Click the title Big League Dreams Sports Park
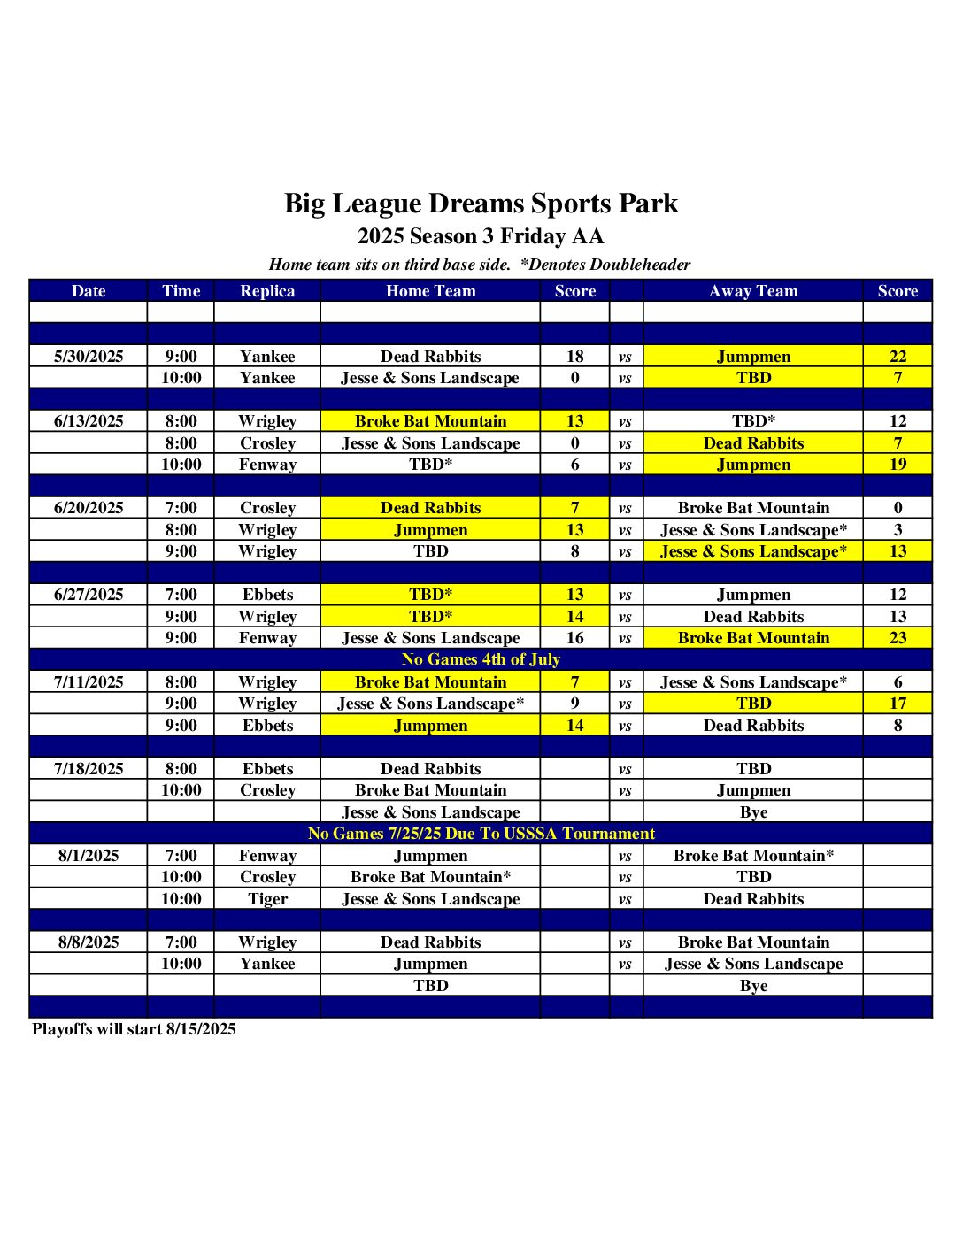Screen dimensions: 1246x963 coord(481,204)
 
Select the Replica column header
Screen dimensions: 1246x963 coord(267,291)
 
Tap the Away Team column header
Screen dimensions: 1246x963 coord(753,291)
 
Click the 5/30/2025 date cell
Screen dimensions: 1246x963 coord(89,357)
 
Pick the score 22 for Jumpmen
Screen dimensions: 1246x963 coord(898,357)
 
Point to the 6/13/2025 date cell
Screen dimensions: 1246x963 coord(89,421)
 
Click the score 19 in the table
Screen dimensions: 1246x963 coord(898,465)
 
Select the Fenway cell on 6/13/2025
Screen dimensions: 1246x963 coord(267,465)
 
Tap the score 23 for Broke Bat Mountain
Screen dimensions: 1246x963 coord(898,638)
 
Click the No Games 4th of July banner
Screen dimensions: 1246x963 coord(481,659)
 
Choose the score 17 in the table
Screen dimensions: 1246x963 coord(898,704)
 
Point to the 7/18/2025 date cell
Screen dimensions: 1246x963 coord(89,769)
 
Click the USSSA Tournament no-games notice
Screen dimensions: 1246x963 coord(481,834)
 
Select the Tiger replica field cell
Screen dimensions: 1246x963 coord(267,899)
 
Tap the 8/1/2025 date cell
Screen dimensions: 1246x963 coord(89,856)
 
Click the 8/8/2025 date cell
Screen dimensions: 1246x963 coord(89,942)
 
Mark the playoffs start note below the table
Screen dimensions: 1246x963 coord(135,1029)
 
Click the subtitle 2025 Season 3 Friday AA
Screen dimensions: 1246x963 coord(481,236)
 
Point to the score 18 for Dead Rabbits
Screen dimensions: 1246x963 coord(574,357)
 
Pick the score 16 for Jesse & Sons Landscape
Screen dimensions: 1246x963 coord(574,638)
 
